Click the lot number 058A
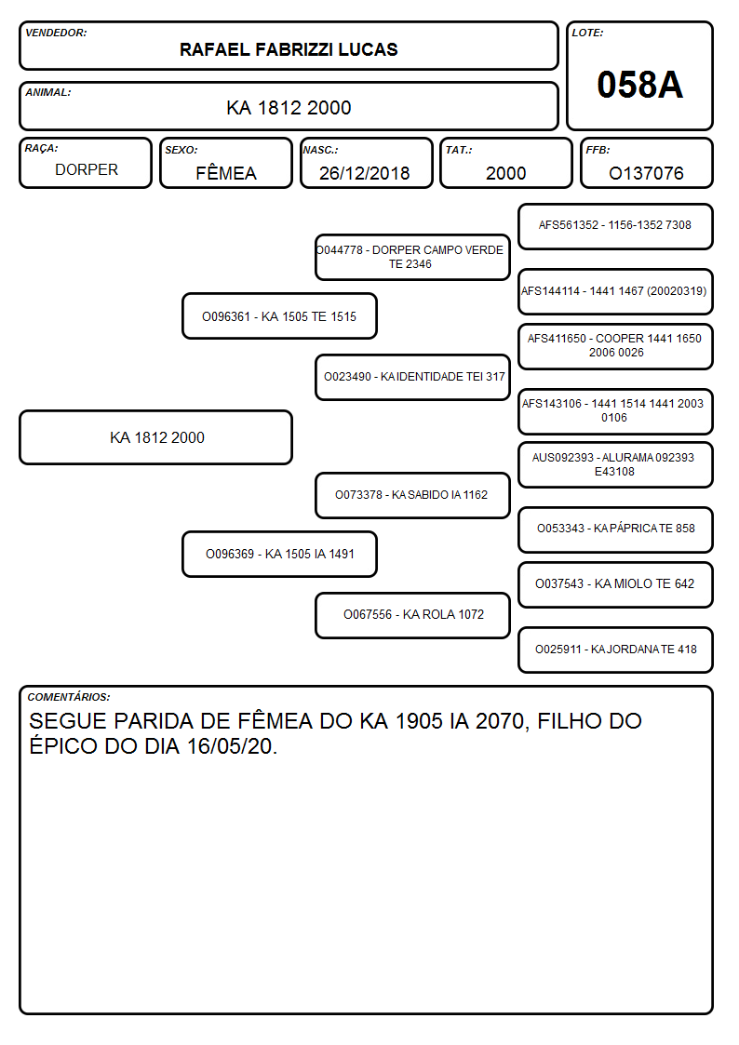(x=639, y=85)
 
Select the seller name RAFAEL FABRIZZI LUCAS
(x=289, y=49)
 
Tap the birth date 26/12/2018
(x=365, y=173)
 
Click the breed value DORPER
(x=87, y=170)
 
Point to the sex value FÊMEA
(x=226, y=172)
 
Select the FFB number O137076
(x=646, y=173)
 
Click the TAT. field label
(x=459, y=150)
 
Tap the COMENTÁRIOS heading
(x=69, y=697)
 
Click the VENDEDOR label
(x=56, y=33)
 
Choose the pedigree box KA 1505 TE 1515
(x=279, y=316)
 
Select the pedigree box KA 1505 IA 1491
(x=279, y=554)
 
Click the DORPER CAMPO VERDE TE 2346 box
(x=412, y=257)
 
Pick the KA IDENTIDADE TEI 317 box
(x=412, y=377)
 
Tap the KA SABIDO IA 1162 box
(x=412, y=495)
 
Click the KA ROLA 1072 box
(x=412, y=615)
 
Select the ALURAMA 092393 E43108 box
(x=616, y=464)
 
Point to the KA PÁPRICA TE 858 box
(x=616, y=529)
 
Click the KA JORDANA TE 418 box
(x=616, y=650)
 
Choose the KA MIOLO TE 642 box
(x=616, y=584)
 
